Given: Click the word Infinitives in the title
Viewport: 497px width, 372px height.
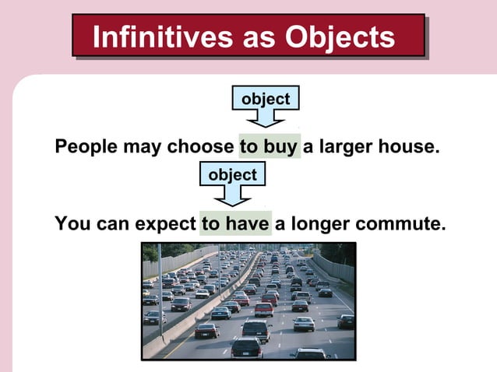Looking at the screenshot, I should click(x=158, y=37).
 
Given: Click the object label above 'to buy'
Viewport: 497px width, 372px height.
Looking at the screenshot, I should click(x=266, y=100).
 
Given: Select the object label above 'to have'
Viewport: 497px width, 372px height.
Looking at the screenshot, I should click(x=232, y=175).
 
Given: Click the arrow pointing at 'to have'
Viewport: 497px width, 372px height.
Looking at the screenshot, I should click(x=232, y=195).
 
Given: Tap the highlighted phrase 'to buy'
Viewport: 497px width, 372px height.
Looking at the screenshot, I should click(x=270, y=147).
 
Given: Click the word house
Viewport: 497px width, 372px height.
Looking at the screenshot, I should click(x=407, y=147).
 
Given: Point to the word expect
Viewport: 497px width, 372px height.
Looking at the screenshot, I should click(x=165, y=225).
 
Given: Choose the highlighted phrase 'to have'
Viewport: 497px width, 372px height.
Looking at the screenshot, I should click(x=235, y=224).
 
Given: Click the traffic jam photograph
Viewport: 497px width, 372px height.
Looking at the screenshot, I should click(x=248, y=300).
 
